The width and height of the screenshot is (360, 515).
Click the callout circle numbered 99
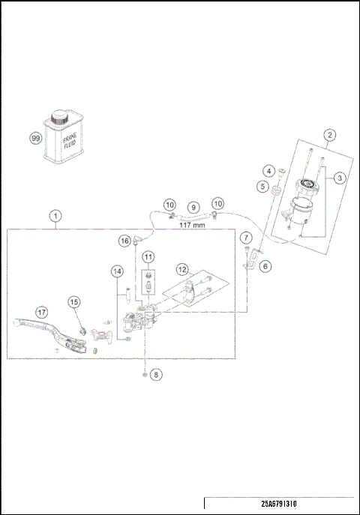tap(35, 139)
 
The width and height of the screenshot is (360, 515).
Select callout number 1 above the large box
tap(55, 215)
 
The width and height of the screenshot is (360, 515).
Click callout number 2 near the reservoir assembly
tap(328, 135)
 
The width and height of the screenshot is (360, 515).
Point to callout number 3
tap(340, 178)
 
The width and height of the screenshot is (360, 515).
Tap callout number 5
tap(262, 186)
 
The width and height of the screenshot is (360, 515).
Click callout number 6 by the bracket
tap(265, 265)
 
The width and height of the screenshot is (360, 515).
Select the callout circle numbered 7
tap(246, 238)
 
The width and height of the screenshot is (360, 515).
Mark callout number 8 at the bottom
tap(155, 373)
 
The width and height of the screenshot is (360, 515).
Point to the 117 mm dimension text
tap(194, 223)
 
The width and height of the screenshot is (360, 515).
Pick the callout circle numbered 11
tap(148, 257)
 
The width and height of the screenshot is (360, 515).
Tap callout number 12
tap(182, 268)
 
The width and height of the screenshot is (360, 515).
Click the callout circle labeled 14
tap(116, 271)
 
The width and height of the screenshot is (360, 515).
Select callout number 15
tap(74, 301)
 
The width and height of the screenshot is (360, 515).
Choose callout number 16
tap(124, 240)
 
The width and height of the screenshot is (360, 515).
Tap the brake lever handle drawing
tap(45, 327)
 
